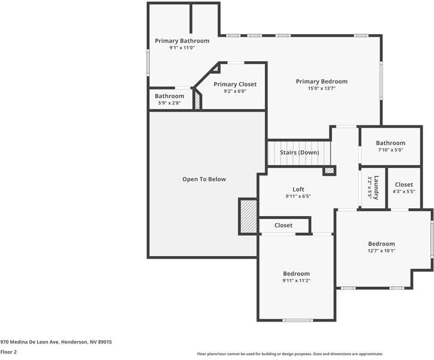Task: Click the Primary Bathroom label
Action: [182, 41]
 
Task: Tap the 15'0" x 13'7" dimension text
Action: [322, 88]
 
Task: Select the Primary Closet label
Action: [235, 84]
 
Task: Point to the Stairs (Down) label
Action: [299, 152]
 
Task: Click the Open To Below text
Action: [204, 179]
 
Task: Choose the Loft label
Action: [299, 189]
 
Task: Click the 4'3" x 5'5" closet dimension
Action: [404, 191]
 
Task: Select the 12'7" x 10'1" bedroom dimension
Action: [381, 251]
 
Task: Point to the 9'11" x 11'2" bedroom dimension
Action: [296, 280]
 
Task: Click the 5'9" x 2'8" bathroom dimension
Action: [170, 103]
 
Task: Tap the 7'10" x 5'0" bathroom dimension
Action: [391, 149]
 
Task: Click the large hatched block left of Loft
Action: [248, 216]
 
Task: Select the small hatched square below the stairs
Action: [329, 171]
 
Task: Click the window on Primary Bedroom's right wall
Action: [381, 80]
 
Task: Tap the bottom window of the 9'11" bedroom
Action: [297, 320]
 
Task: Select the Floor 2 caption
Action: [8, 352]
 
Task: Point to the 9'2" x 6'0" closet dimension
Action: [235, 91]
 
